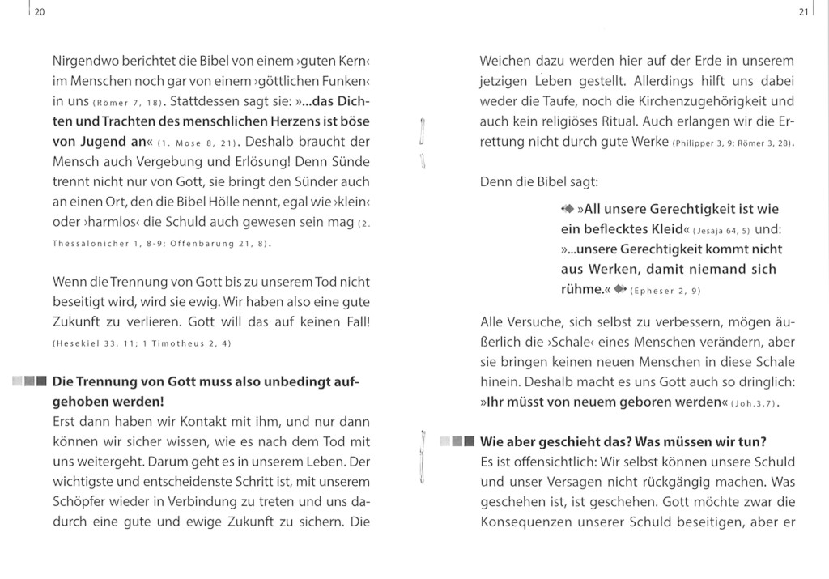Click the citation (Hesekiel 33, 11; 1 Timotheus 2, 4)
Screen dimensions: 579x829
tap(142, 343)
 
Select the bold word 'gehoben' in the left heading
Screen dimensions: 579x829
tap(83, 402)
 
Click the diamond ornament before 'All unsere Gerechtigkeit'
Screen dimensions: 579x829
tap(567, 207)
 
